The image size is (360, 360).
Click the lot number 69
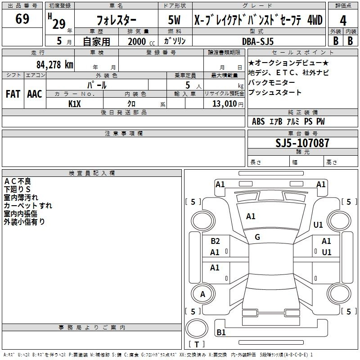point(22,18)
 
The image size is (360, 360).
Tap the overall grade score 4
point(343,21)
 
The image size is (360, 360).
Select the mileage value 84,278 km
point(55,65)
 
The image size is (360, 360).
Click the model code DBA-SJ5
point(258,41)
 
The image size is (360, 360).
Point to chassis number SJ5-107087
point(302,143)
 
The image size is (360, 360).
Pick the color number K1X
point(75,104)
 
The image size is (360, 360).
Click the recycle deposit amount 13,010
point(224,103)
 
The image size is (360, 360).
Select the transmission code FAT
point(13,94)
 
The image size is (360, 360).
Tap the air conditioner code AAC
point(35,94)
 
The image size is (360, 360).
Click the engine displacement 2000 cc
point(141,41)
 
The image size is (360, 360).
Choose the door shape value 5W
point(174,20)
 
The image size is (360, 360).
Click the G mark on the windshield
point(257,237)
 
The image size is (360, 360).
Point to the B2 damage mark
point(215,241)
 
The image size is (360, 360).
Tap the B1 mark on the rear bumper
point(221,332)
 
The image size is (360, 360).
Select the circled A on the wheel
point(202,294)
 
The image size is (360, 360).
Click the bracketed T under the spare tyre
point(197,344)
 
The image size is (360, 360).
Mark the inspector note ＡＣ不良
point(18,181)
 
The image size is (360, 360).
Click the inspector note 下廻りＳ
point(17,189)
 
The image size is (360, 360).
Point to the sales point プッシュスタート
point(274,92)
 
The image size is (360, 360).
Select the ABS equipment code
point(258,121)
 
